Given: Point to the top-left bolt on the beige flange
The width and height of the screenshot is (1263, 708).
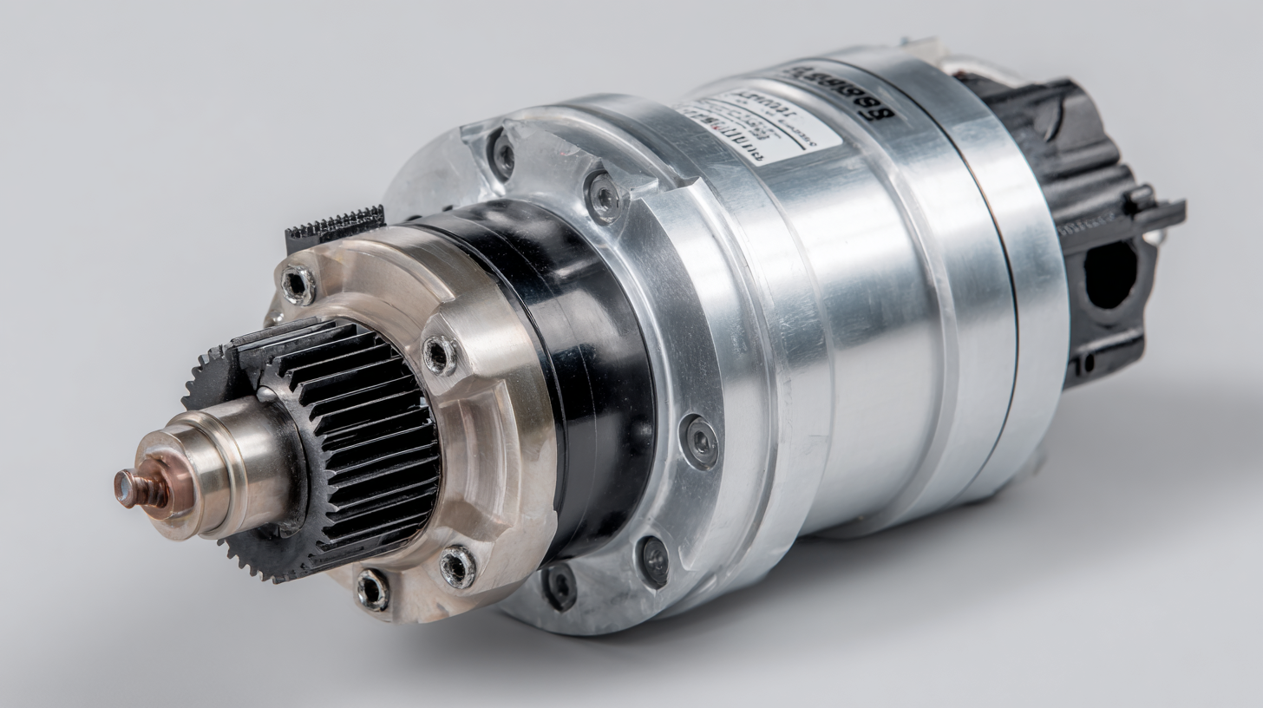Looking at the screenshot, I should point(298,284).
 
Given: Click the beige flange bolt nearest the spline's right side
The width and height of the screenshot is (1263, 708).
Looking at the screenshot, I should point(440,354).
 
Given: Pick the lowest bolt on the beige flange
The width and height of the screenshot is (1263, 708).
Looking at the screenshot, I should point(373,590).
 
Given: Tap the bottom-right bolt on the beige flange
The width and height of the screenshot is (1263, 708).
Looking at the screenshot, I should point(457,567).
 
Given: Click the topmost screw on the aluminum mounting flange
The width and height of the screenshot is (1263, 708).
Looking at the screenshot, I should point(501,154).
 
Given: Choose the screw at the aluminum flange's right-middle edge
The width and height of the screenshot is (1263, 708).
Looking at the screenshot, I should point(698,441).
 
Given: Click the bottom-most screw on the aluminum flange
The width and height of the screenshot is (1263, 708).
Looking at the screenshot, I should point(560,586).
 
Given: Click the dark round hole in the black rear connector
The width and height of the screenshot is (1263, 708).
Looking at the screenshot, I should point(1110,275).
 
